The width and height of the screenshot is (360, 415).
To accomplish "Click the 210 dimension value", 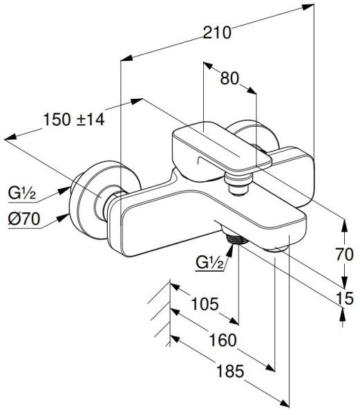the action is tap(217, 33).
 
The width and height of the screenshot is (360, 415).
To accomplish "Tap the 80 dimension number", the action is tap(229, 79).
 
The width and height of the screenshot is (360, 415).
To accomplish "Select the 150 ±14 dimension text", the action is tap(74, 120).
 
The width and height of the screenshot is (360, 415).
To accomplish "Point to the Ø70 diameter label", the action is tap(24, 219).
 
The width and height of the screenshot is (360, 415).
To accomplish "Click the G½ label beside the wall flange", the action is tap(21, 194).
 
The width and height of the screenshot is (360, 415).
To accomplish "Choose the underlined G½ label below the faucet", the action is tap(209, 263).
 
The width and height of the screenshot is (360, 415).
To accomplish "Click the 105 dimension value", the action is tap(205, 304).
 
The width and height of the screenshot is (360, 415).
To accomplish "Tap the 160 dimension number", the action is tap(222, 340).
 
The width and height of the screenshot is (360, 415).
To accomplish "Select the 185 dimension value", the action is tap(230, 371).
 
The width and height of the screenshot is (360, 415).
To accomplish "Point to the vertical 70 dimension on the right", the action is tap(344, 255).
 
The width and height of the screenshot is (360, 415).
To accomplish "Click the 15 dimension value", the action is tap(345, 298).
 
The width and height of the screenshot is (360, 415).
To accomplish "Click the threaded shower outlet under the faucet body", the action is tap(237, 239).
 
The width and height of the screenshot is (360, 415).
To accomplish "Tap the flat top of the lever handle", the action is tap(222, 145).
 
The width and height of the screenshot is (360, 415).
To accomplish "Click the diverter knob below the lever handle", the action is tap(238, 184).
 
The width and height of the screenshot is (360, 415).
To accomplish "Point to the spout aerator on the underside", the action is tap(276, 249).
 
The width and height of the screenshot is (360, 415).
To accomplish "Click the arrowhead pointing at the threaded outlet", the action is tap(231, 248).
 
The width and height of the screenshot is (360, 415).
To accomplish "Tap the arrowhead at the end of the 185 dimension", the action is tap(285, 404).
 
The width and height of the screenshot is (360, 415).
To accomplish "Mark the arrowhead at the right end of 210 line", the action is tap(308, 7).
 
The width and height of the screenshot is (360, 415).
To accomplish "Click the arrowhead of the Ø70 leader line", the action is tap(64, 218).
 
